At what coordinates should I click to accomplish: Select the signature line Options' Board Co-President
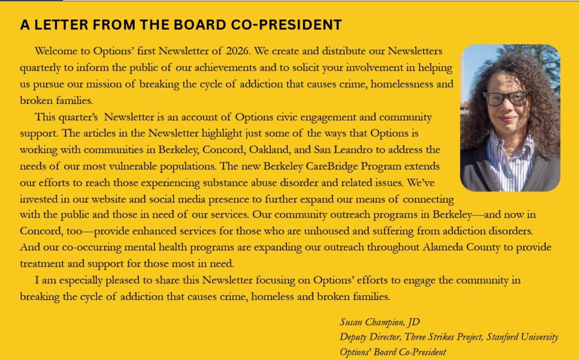[393, 352]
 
